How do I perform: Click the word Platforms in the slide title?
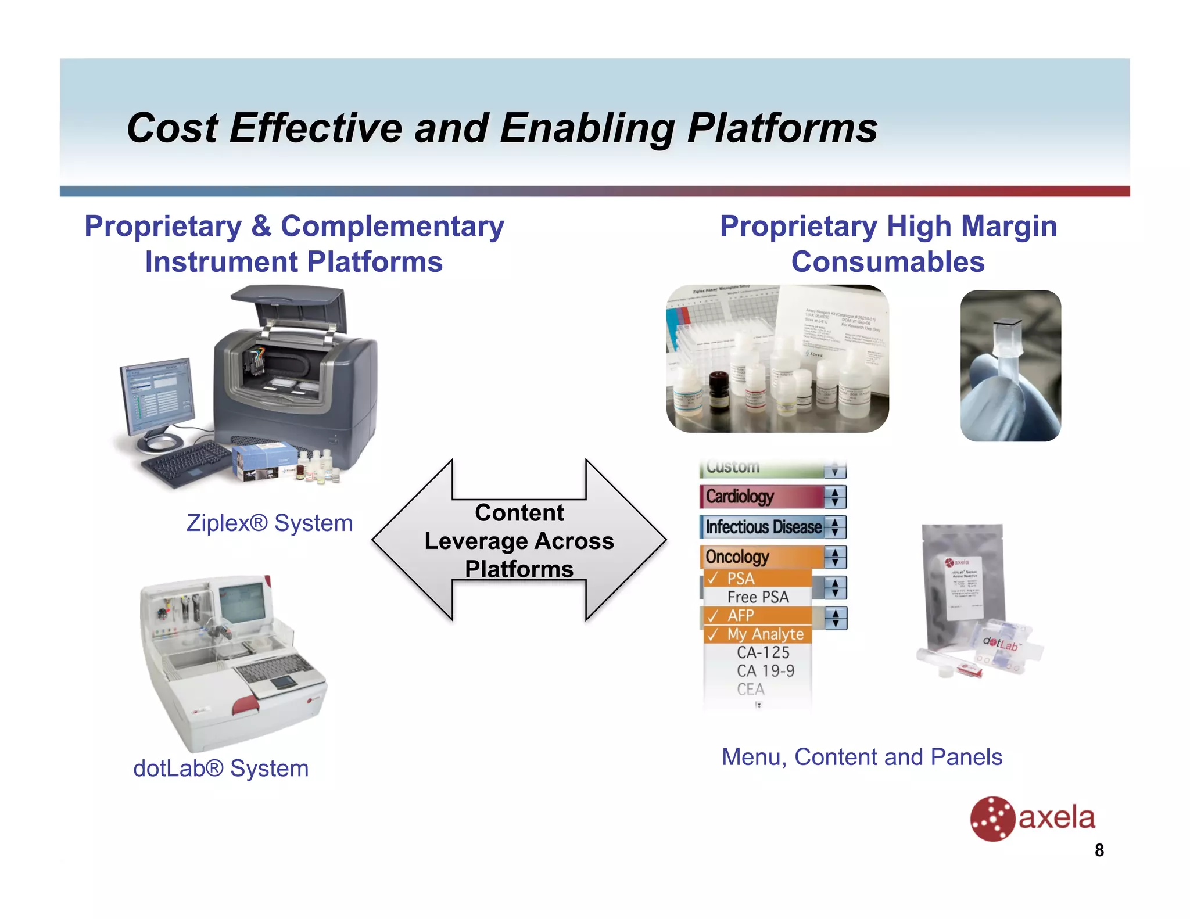(782, 128)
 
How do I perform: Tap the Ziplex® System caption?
(269, 523)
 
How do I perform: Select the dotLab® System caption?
(221, 768)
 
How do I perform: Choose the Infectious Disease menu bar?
(762, 527)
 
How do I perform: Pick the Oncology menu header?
(761, 557)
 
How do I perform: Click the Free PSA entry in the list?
(758, 597)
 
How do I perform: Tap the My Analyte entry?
(764, 634)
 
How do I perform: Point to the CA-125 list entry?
(763, 652)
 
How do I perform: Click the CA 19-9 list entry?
(765, 671)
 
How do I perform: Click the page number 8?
(1099, 850)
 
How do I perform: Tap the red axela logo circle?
(992, 819)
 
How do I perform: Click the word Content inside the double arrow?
(519, 513)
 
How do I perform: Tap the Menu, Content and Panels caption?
(862, 757)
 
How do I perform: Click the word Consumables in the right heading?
(887, 262)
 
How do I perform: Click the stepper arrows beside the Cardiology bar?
(835, 497)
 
